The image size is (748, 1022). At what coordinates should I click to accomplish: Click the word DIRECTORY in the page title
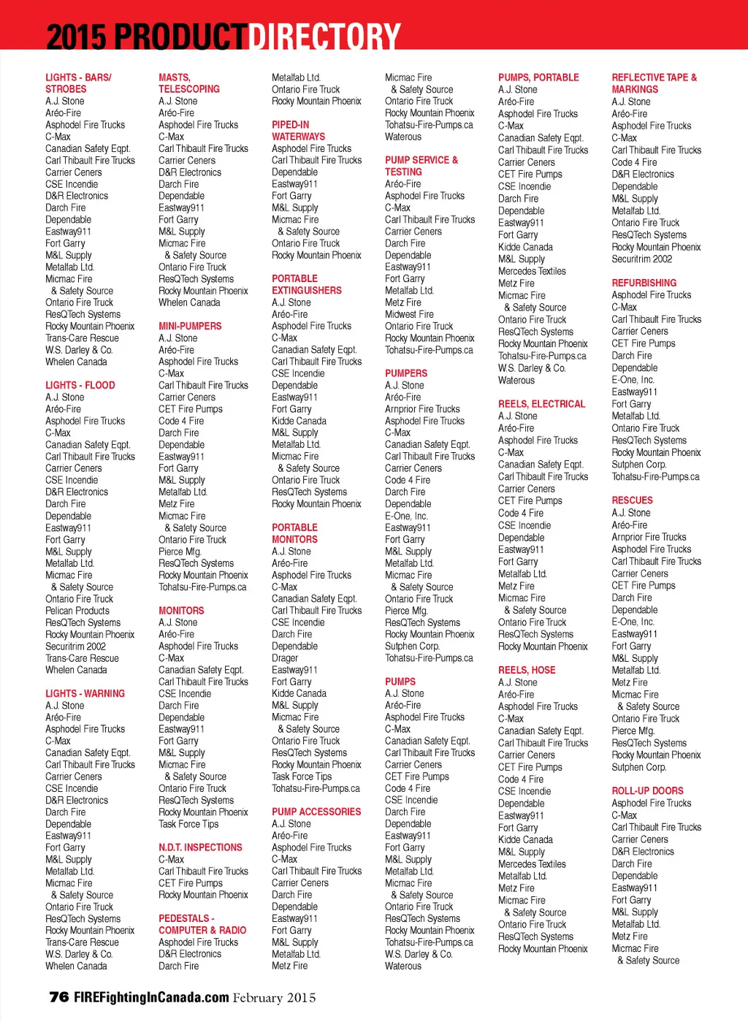[x=325, y=37]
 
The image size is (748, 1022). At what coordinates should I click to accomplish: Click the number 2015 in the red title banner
[x=76, y=37]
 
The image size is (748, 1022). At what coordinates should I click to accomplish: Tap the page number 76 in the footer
[x=58, y=997]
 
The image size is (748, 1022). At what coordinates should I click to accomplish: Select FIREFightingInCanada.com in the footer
[x=151, y=997]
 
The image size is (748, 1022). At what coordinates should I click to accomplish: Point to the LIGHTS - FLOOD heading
[x=80, y=385]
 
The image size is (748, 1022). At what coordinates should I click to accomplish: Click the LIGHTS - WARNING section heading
[x=85, y=693]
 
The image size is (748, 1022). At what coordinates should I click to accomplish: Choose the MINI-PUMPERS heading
[x=190, y=326]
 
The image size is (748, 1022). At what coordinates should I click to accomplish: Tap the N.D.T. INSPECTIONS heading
[x=200, y=847]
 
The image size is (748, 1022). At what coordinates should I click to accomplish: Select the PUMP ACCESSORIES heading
[x=316, y=812]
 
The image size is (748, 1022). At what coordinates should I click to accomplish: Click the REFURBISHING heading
[x=644, y=283]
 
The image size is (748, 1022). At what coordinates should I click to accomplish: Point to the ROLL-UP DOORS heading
[x=647, y=790]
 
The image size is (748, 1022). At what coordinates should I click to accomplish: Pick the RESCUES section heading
[x=632, y=500]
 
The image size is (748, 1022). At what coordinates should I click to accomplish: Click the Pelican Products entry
[x=77, y=611]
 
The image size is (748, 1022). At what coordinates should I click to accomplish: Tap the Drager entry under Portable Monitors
[x=285, y=658]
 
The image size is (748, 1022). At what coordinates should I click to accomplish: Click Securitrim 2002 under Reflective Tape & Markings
[x=641, y=259]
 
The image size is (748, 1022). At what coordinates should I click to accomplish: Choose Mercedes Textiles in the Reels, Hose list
[x=532, y=864]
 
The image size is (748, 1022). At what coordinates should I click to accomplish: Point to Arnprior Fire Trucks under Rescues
[x=649, y=537]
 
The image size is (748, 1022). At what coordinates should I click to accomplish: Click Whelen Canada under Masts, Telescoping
[x=189, y=302]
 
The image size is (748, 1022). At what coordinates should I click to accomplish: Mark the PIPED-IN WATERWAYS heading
[x=298, y=131]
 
